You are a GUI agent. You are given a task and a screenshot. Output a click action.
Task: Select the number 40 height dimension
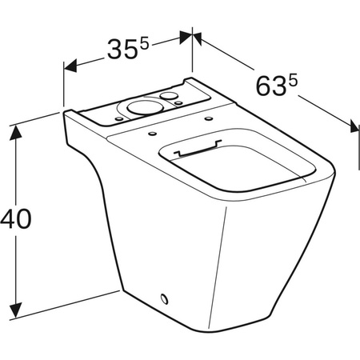[x=15, y=218]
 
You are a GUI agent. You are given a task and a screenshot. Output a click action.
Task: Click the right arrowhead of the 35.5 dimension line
[x=186, y=35]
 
